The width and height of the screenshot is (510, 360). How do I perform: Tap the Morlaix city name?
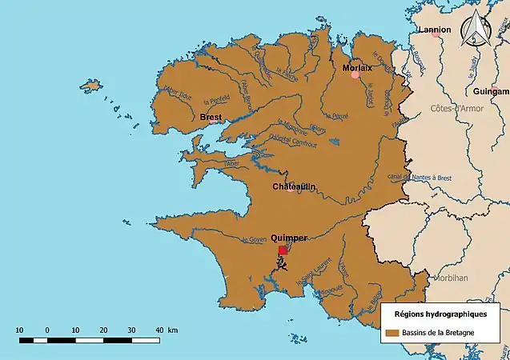(357, 68)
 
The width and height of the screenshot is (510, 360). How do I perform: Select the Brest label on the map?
(211, 117)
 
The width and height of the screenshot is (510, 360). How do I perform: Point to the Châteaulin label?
(294, 186)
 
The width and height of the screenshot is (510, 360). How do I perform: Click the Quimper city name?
(290, 238)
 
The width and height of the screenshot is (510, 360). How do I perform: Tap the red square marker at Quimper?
(283, 250)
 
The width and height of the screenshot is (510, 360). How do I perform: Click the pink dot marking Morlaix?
(355, 74)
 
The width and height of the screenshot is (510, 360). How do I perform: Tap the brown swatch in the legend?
(392, 332)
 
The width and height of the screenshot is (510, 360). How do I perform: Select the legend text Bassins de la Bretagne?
(440, 332)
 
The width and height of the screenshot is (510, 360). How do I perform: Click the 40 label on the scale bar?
(159, 330)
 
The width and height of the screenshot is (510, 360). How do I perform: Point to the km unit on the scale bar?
(172, 330)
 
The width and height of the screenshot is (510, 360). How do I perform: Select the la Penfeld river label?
(217, 102)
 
